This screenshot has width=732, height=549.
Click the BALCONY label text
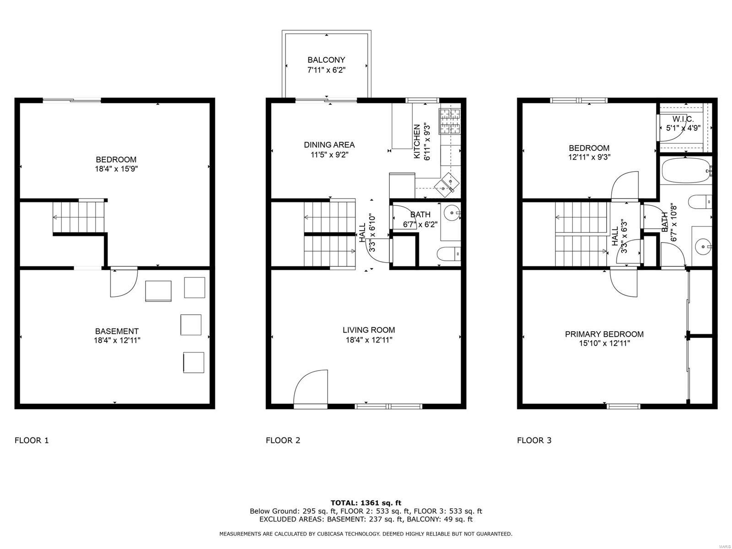(326, 60)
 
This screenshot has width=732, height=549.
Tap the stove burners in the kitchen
(449, 121)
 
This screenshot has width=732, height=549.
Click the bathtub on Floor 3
(685, 171)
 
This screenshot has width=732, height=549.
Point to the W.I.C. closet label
(683, 119)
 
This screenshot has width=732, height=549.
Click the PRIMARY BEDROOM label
(604, 334)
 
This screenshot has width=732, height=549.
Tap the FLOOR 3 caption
(534, 441)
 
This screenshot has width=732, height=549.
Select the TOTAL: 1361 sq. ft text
(366, 503)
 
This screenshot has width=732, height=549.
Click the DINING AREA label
(329, 145)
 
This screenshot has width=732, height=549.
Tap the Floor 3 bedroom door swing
(625, 186)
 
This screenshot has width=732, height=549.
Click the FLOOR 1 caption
(32, 441)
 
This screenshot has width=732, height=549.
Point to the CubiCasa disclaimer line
(366, 534)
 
